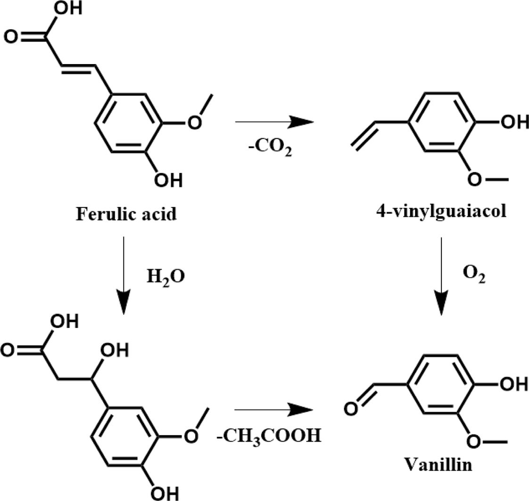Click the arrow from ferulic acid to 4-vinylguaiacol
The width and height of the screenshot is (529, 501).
coord(274,123)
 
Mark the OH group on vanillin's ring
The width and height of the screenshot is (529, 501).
coord(513,384)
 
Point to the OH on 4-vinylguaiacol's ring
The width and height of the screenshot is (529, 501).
coord(513,123)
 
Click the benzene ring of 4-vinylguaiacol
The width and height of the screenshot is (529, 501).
coord(440,123)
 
